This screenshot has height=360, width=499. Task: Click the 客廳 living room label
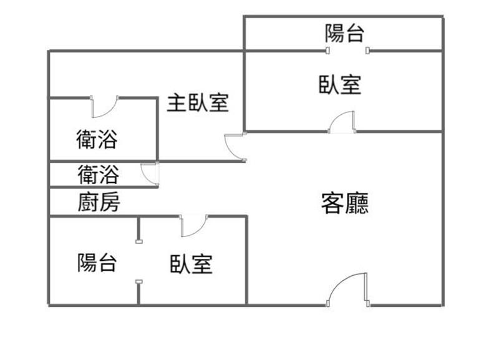(344, 203)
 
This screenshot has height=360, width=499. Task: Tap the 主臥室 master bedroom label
(197, 103)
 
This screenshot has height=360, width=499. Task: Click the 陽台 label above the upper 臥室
(344, 32)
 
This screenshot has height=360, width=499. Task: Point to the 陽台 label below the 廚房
(97, 263)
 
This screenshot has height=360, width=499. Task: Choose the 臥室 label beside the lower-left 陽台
(191, 264)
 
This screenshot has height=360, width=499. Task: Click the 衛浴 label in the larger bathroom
(97, 139)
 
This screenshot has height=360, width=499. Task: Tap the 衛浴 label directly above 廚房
(98, 174)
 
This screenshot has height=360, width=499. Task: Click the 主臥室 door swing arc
(233, 147)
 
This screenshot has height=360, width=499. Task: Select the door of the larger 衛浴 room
(104, 107)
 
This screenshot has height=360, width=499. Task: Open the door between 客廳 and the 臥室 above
(342, 122)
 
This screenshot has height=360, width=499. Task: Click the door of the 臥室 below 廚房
(193, 226)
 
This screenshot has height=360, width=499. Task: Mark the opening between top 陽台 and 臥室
(347, 51)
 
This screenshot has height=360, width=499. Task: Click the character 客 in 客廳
(332, 203)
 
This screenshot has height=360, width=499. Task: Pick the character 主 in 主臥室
(176, 103)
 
